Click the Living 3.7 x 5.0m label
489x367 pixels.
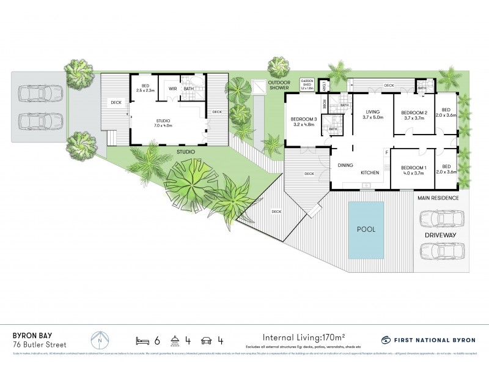click(373, 115)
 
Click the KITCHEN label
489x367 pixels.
click(370, 173)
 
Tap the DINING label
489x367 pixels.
click(347, 164)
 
